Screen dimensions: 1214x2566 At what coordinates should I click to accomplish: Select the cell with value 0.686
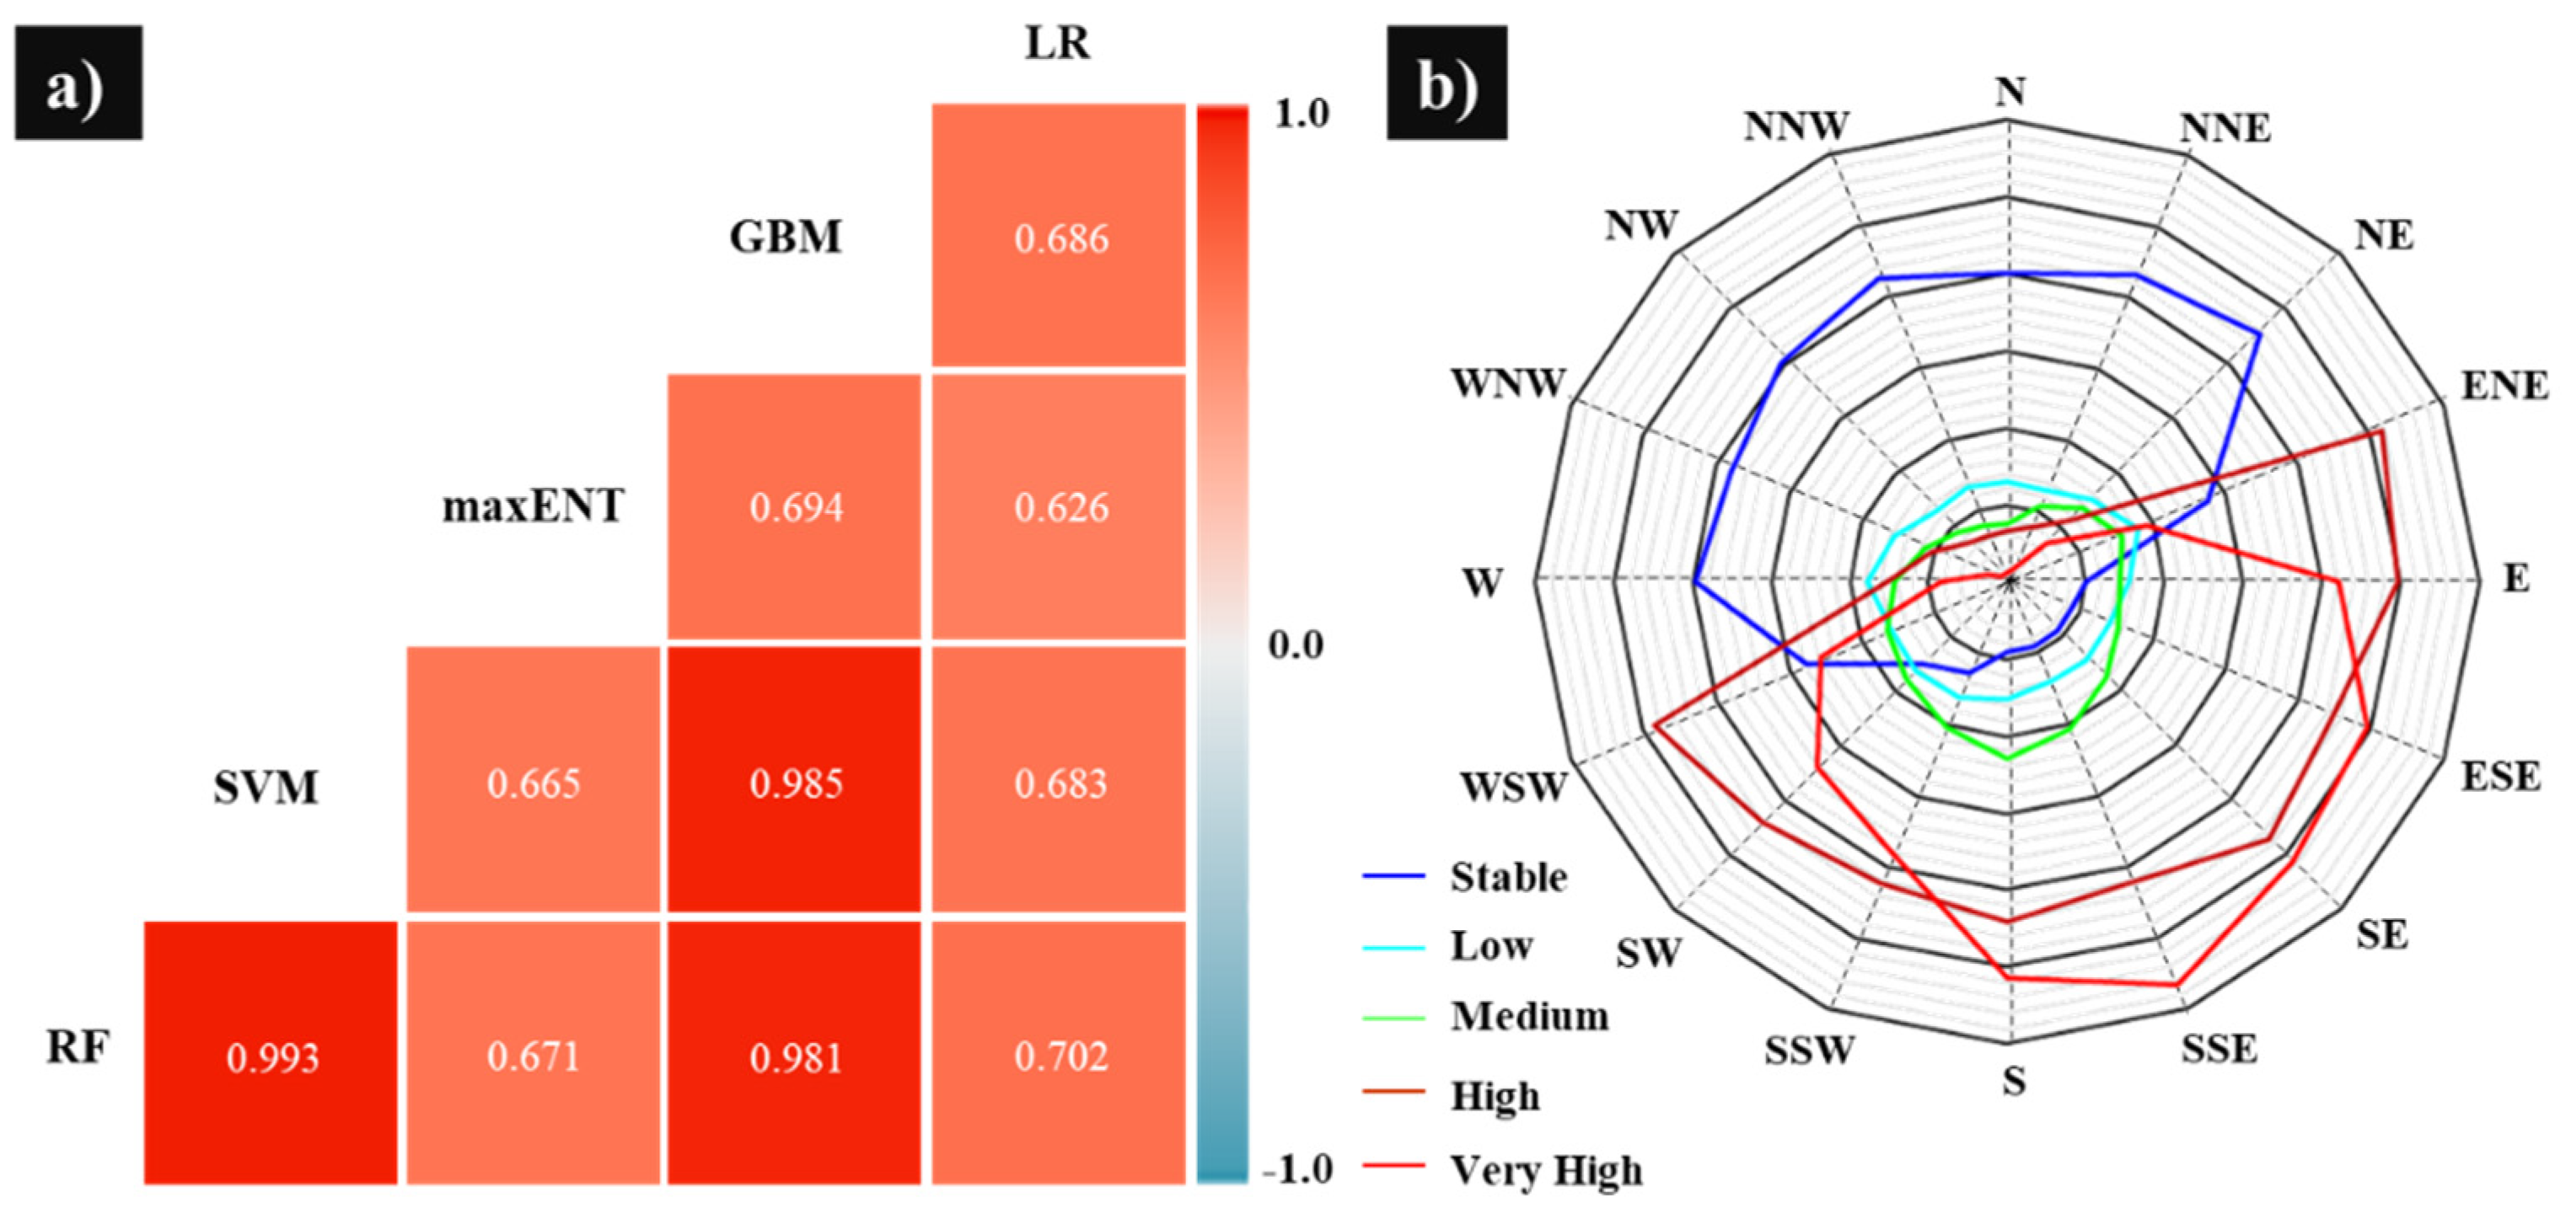1060,237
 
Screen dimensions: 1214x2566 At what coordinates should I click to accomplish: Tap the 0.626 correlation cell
1060,507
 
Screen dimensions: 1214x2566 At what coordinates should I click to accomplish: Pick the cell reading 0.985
795,782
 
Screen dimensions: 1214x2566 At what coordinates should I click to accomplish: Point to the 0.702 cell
1060,1054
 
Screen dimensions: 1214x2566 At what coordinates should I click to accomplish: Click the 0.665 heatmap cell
533,782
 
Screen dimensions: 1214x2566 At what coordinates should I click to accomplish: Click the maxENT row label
533,506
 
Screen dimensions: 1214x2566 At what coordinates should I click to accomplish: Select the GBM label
785,237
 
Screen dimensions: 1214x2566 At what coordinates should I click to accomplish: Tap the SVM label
265,788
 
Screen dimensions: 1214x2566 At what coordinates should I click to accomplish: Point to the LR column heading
1057,44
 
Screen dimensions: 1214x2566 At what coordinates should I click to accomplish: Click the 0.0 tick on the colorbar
1295,645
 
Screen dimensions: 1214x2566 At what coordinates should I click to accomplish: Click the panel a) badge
78,83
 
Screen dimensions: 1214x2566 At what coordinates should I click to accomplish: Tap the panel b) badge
1447,83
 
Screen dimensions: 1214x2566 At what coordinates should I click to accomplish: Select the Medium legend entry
1529,1016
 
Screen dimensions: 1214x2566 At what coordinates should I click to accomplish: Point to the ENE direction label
2504,385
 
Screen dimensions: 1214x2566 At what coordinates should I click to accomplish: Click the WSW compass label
1513,787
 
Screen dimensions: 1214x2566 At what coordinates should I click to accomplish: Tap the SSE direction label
2219,1049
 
